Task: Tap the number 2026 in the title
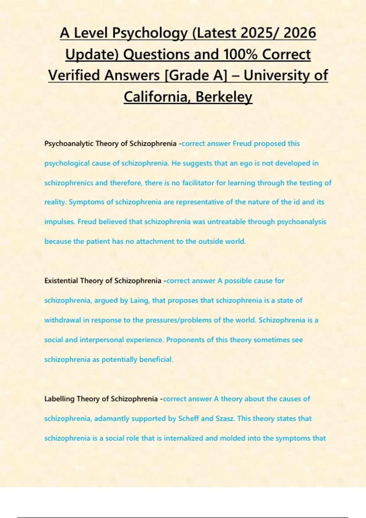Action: [x=300, y=33]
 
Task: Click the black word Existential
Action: [x=61, y=281]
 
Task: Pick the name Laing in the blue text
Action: [x=139, y=300]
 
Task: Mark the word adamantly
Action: [x=112, y=419]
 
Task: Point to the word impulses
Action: [x=59, y=222]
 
